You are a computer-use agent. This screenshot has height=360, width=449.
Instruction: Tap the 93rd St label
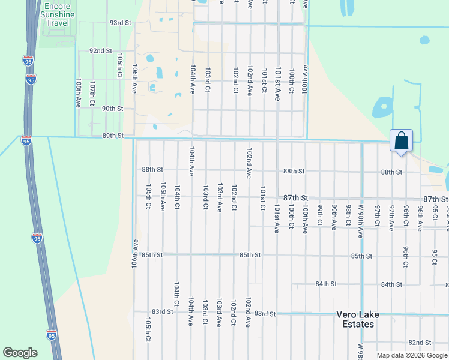point(120,23)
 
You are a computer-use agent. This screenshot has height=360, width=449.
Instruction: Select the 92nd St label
point(101,51)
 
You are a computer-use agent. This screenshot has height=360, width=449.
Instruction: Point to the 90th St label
point(112,109)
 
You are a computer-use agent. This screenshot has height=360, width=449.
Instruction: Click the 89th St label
point(112,136)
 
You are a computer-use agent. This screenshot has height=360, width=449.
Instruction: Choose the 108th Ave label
point(78,92)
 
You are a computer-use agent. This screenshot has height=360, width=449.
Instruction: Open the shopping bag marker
point(401,142)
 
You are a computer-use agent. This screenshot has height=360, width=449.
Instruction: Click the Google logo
point(20,353)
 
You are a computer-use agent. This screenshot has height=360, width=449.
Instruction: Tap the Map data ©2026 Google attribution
point(411,355)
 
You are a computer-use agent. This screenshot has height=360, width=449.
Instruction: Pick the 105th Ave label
point(163,197)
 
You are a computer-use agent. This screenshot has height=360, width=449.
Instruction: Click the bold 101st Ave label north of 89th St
point(278,83)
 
